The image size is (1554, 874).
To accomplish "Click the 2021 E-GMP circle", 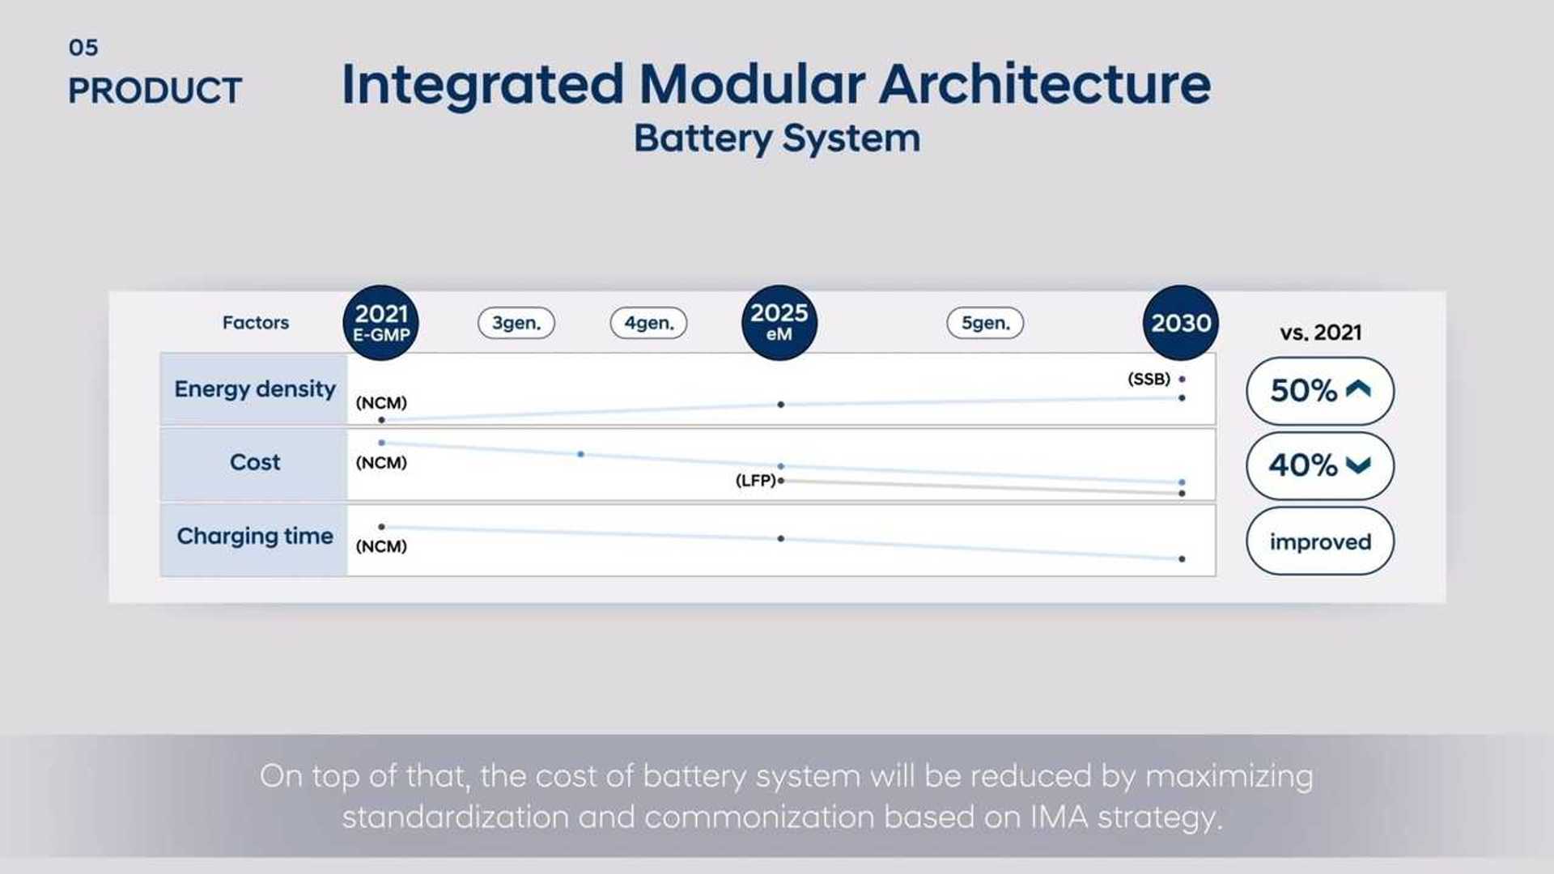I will [x=380, y=322].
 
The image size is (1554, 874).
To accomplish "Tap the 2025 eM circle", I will [x=779, y=322].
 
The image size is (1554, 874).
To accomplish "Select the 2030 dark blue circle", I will [x=1181, y=322].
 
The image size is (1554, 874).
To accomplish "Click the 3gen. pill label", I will [x=516, y=323].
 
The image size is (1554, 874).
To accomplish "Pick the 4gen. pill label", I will [x=648, y=323].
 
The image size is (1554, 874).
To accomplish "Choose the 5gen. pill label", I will [x=985, y=323].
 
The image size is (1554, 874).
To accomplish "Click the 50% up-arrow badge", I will [x=1319, y=391].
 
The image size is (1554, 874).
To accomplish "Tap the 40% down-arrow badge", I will [x=1319, y=465].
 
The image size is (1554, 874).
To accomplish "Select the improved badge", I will [x=1319, y=541].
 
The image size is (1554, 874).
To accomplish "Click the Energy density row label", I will [x=254, y=389].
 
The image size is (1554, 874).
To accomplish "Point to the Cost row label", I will [x=254, y=463].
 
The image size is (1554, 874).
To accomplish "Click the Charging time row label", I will [x=254, y=537].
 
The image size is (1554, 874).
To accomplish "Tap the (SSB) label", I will [x=1149, y=379].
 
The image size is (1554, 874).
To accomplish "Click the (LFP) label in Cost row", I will [x=755, y=481].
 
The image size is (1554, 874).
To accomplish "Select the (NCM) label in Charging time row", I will [x=381, y=546].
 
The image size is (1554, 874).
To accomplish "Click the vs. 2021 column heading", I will [x=1320, y=333].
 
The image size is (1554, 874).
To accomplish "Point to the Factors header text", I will [x=255, y=323].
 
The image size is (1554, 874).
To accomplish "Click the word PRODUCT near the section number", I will [x=155, y=91].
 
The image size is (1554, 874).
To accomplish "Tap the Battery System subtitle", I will [x=776, y=138].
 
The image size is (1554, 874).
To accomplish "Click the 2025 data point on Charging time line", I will [x=780, y=538].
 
